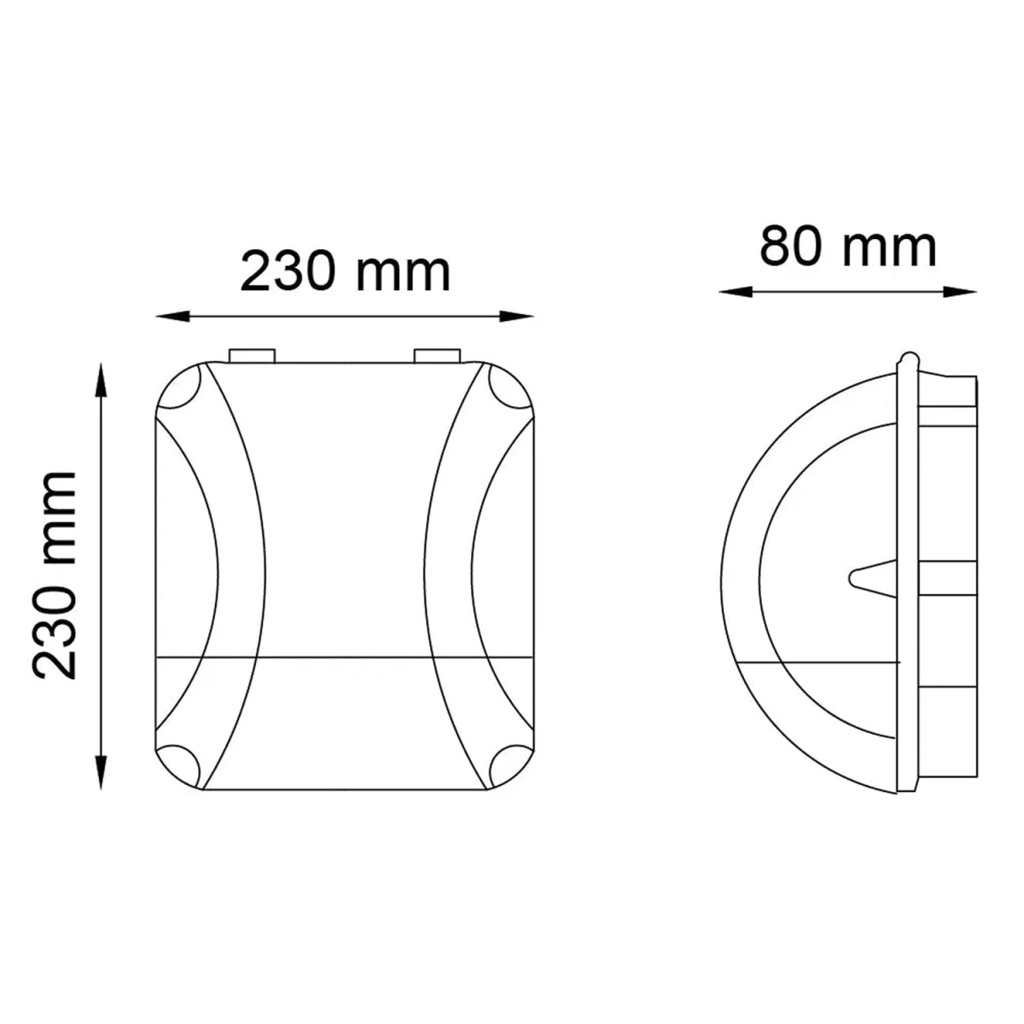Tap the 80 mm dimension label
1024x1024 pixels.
848,247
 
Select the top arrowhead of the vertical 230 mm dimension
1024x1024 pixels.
102,375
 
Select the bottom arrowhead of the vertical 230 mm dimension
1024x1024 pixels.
102,777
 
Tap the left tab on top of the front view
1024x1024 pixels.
252,354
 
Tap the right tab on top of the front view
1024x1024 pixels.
437,354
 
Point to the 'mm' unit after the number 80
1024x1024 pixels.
889,248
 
